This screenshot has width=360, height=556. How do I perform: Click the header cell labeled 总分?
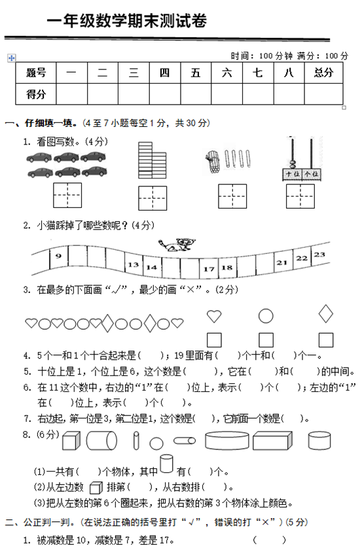(323, 73)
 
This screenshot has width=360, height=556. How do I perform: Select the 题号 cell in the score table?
(36, 73)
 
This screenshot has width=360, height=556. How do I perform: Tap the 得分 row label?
(36, 94)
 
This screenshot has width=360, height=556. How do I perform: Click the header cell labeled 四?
(164, 73)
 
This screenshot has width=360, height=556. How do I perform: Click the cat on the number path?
(177, 245)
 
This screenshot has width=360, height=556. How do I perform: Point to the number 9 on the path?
(58, 256)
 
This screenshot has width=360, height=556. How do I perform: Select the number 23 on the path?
(319, 254)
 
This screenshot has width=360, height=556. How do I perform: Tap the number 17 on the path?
(209, 269)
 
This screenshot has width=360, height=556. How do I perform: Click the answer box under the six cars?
(67, 195)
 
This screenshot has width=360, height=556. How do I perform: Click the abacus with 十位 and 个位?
(302, 160)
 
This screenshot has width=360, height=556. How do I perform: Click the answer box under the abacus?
(300, 196)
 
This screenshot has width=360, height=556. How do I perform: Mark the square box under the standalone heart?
(214, 339)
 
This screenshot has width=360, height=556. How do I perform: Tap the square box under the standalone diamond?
(326, 339)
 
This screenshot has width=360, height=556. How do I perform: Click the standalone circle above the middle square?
(266, 316)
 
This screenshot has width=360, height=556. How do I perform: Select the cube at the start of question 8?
(71, 441)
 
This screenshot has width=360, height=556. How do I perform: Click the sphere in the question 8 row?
(156, 443)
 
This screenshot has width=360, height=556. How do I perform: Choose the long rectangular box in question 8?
(272, 441)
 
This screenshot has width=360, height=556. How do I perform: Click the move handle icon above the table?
(11, 58)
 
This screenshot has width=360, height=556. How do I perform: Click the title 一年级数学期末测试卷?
(126, 21)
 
